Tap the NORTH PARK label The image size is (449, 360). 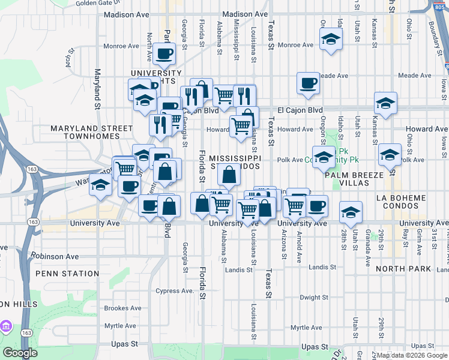(x=403, y=269)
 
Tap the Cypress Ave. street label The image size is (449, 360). (x=175, y=291)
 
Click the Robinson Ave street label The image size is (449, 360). (x=56, y=256)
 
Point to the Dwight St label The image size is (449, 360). (x=315, y=297)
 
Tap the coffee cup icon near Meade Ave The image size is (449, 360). (x=308, y=83)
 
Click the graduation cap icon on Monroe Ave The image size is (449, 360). (x=330, y=40)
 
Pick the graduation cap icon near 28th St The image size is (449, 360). (x=351, y=212)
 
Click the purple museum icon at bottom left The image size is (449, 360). (x=7, y=326)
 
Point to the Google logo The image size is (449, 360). (x=20, y=353)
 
